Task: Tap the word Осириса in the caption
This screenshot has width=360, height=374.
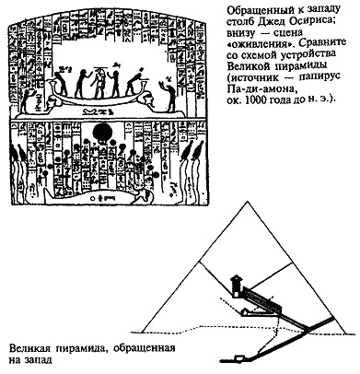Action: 319,22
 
